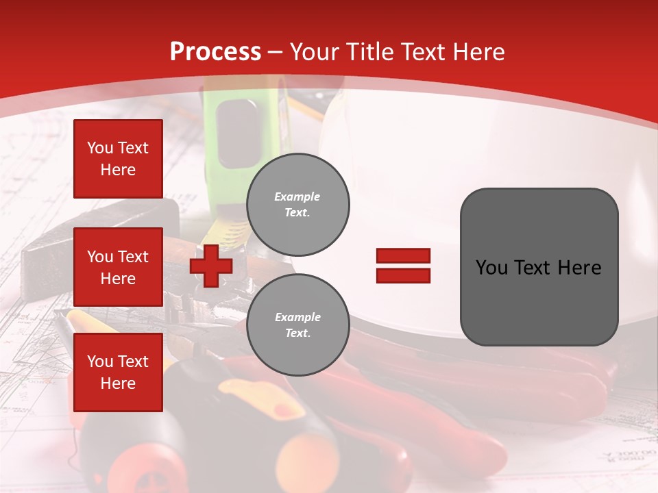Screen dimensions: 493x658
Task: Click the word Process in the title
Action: click(215, 51)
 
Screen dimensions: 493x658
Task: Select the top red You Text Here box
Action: click(118, 159)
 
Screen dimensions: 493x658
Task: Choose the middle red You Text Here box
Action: click(118, 267)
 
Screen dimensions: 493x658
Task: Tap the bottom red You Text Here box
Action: click(118, 372)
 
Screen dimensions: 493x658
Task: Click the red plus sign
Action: click(211, 266)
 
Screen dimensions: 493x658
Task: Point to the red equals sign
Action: click(403, 266)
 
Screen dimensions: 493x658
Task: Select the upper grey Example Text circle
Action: click(297, 205)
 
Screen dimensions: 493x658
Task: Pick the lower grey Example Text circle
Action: click(297, 325)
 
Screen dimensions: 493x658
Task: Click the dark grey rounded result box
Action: click(539, 267)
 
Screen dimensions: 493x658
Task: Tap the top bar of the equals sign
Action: click(403, 255)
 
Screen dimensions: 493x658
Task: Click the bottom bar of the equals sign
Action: click(403, 276)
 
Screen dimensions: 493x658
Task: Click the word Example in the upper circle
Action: click(297, 197)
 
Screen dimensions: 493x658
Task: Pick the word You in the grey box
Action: click(491, 268)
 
